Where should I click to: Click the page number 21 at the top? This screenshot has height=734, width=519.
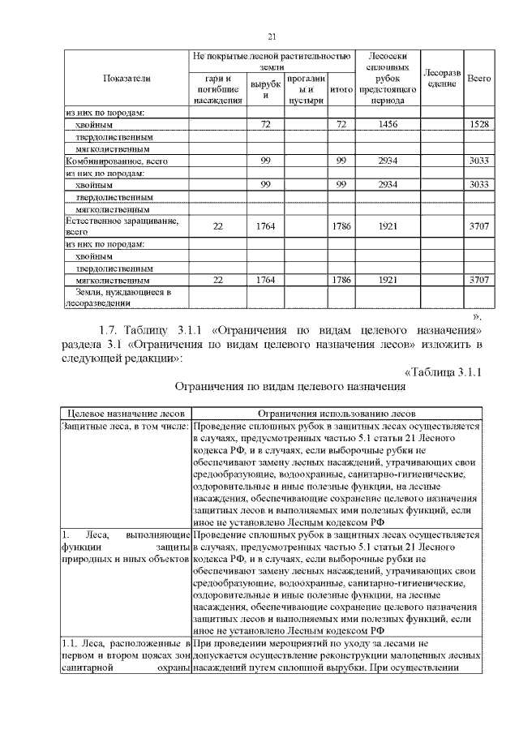(272, 35)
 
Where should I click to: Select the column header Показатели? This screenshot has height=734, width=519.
(127, 78)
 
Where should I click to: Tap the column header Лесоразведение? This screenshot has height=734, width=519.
(442, 78)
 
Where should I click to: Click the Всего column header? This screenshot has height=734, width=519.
(479, 78)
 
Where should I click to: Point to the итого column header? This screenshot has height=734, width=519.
(341, 88)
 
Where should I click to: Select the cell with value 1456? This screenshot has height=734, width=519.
(386, 125)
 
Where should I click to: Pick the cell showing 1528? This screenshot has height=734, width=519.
(479, 125)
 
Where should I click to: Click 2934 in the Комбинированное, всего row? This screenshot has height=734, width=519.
(386, 161)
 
